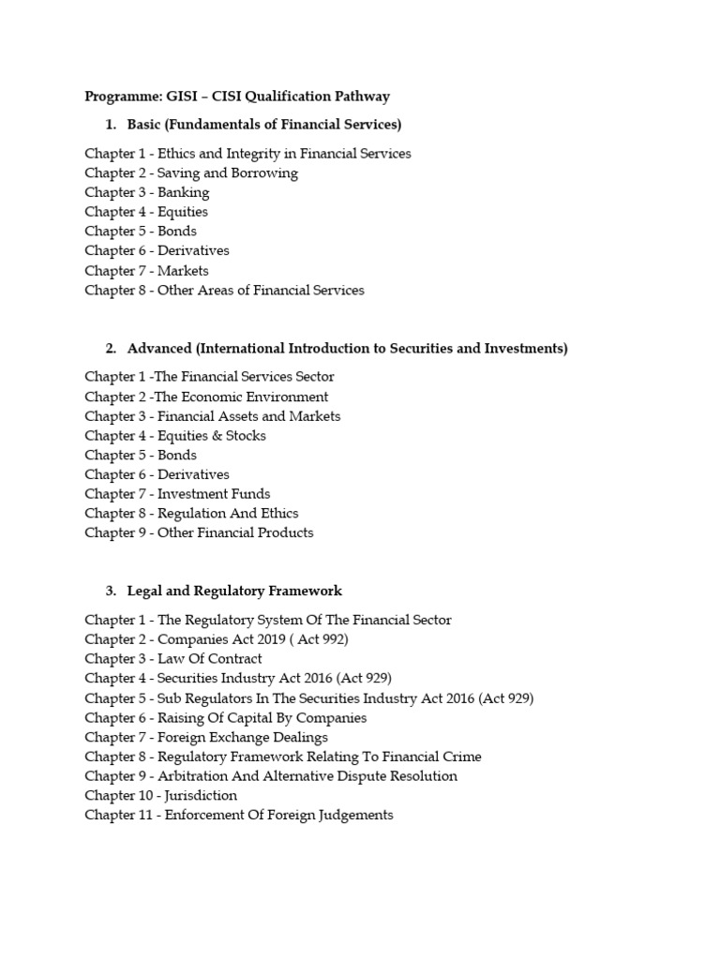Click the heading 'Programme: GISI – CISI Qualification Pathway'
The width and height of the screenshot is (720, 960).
tap(237, 96)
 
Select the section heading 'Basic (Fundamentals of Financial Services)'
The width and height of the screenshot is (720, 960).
tap(263, 125)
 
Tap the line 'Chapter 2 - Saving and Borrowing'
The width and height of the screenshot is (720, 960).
tap(191, 172)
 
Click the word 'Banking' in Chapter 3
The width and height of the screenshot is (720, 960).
tap(183, 192)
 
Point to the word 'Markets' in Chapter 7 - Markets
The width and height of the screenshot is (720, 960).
tap(183, 270)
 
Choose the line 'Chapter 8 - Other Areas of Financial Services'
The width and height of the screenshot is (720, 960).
tap(224, 290)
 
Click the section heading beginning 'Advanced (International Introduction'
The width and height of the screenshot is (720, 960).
tap(347, 348)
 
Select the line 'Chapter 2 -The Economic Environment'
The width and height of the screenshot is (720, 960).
tap(206, 397)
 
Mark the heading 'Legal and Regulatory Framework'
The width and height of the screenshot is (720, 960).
tap(234, 591)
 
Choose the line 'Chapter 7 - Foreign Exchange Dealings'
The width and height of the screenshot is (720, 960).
tap(206, 737)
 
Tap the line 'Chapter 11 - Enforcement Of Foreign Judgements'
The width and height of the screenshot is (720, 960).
tap(239, 815)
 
